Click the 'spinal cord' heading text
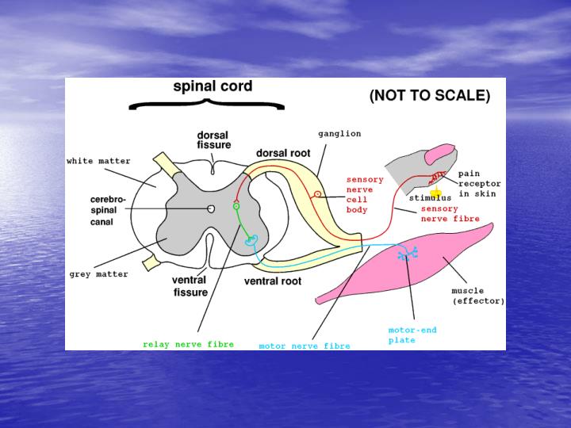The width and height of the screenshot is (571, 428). (x=213, y=86)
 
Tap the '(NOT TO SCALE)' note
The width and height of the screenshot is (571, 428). (x=430, y=97)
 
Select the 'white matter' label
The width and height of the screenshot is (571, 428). (x=98, y=161)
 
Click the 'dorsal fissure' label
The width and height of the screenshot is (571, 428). (x=213, y=140)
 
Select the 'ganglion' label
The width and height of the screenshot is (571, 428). (x=339, y=134)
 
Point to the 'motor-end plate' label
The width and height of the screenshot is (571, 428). (x=412, y=334)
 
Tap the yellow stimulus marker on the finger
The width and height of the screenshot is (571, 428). (x=435, y=193)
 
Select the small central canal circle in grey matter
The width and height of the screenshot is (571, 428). (x=212, y=208)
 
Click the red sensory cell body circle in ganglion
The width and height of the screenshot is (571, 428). (x=317, y=193)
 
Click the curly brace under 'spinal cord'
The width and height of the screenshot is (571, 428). (x=206, y=104)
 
